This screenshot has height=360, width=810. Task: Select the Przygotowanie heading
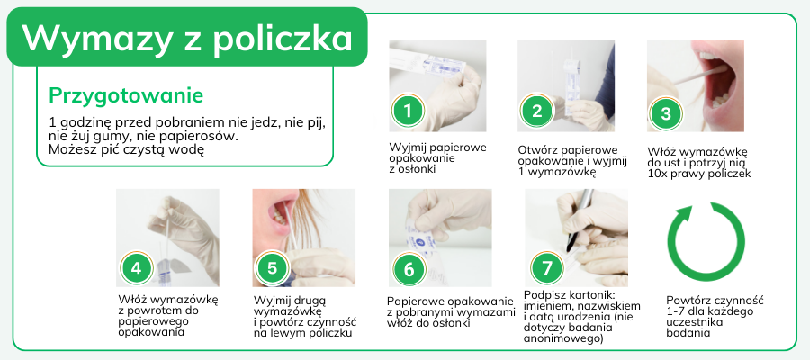[x=126, y=96]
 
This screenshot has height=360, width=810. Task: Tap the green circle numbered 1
[x=408, y=111]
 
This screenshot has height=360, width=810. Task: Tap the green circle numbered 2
[x=536, y=111]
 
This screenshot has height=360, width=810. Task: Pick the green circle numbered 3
[x=666, y=113]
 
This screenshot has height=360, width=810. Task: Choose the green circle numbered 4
[x=137, y=268]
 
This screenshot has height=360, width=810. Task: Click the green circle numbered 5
[x=272, y=268]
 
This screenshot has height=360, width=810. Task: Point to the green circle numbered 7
[x=546, y=267]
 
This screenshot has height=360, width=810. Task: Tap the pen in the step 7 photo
[x=579, y=220]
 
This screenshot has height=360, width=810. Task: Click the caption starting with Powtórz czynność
[x=715, y=317]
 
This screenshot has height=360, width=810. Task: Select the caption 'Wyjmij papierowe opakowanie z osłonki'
[x=437, y=158]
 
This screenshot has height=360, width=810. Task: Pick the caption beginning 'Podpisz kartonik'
[x=582, y=317]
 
